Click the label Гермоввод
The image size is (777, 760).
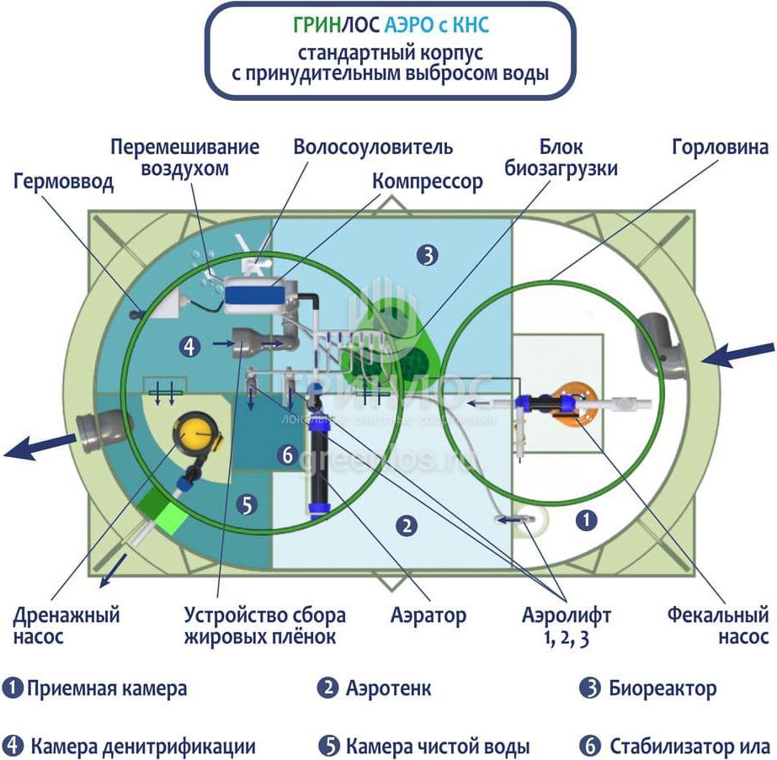[x=63, y=182]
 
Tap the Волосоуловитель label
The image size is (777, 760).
[x=373, y=146]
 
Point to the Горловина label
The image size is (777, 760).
[x=720, y=147]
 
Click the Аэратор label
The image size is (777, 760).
[x=428, y=615]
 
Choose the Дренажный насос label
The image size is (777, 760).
[x=67, y=625]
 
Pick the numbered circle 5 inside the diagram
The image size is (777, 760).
[x=246, y=506]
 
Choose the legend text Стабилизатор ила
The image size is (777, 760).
[x=689, y=746]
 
